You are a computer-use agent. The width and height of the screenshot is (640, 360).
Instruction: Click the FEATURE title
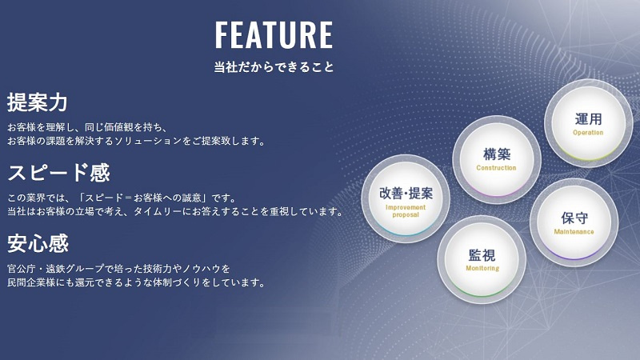coord(274,35)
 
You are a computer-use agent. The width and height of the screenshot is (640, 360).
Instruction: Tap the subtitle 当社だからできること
coord(274,67)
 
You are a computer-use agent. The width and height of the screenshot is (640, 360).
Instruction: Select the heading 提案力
coord(37,102)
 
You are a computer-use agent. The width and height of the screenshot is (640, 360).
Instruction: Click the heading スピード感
coord(58,173)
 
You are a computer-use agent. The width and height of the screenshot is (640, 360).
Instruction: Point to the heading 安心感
coord(38,243)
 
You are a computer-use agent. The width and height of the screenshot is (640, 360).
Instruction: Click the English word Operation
coord(588,133)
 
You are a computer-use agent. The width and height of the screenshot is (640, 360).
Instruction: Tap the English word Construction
coord(496,168)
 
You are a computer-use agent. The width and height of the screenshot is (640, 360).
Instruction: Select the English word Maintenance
coord(574,232)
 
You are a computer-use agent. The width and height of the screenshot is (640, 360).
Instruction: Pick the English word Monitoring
coord(482,268)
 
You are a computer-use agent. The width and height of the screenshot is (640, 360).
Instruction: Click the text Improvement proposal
coord(406,211)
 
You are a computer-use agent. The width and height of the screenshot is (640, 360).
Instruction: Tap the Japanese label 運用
coord(588,119)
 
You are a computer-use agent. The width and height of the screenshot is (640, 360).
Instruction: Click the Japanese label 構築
coord(497,154)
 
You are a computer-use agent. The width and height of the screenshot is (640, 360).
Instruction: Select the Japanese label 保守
coord(574,218)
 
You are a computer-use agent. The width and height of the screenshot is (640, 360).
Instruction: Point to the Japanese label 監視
coord(482,255)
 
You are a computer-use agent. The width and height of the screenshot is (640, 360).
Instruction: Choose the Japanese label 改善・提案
coord(406,194)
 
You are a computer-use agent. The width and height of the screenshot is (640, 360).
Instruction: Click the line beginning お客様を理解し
coord(87,127)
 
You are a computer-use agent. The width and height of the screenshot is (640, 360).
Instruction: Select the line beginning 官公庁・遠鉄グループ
coord(118,269)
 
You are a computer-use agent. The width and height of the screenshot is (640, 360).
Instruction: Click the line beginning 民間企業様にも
coord(136,282)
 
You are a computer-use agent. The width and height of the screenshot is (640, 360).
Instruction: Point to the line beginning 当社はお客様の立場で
coord(174,211)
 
